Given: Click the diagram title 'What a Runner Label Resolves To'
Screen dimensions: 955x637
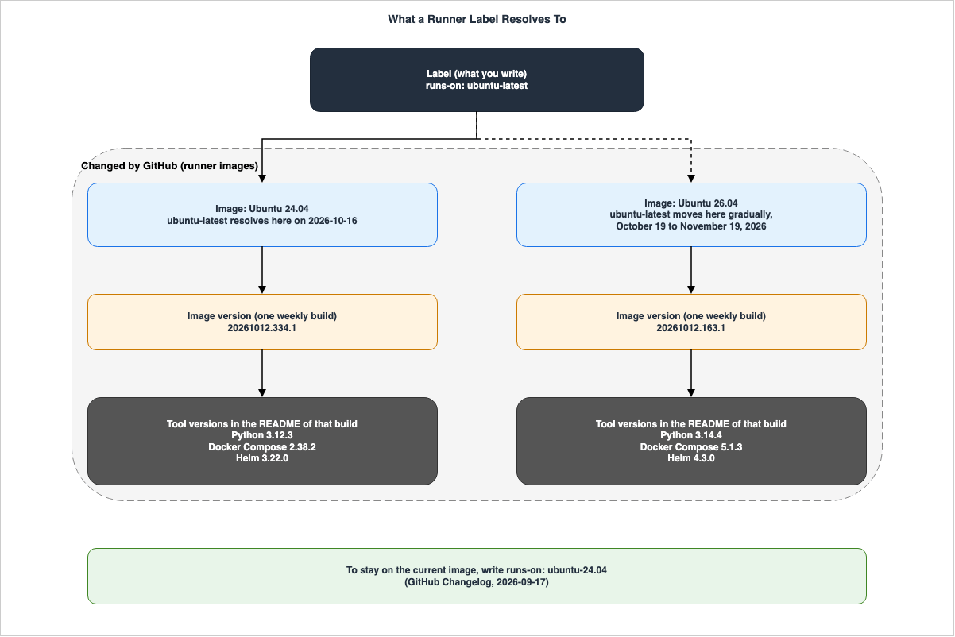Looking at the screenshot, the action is coord(477,19).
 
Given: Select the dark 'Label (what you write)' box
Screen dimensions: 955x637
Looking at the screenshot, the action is coord(477,79).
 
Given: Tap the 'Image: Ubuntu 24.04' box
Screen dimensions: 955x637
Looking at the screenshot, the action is coord(262,214).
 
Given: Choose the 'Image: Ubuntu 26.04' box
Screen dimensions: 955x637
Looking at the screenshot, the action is coord(691,214).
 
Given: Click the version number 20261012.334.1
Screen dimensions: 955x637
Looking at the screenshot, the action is coord(261,328).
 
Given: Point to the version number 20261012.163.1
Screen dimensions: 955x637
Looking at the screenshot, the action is coord(690,328).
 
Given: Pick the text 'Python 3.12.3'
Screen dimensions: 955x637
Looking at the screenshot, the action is coord(262,435).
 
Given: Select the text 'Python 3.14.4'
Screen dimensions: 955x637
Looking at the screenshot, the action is coord(691,435).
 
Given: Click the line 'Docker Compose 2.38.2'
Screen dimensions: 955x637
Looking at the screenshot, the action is coord(262,447).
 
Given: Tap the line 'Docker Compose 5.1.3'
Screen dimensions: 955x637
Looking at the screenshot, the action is coord(691,447).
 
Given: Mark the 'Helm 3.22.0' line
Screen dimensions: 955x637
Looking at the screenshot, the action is coord(262,458).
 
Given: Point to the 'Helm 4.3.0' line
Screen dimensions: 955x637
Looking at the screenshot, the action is coord(691,458).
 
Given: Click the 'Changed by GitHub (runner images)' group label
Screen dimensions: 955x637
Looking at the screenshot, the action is coord(170,166).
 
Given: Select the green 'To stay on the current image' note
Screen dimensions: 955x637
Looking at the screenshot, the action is coord(477,576).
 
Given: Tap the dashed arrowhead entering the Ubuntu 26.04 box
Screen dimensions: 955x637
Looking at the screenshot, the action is coord(691,179).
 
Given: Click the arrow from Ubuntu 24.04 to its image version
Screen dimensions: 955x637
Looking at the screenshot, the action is coord(262,270).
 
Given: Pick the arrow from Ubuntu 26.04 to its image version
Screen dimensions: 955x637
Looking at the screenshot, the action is coord(691,270).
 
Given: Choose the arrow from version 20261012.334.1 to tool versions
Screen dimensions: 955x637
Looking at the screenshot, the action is coord(262,373).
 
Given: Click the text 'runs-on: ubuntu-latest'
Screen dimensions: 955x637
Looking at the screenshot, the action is coord(477,86).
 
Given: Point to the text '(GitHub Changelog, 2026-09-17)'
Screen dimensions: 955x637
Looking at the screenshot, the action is coord(477,582).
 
